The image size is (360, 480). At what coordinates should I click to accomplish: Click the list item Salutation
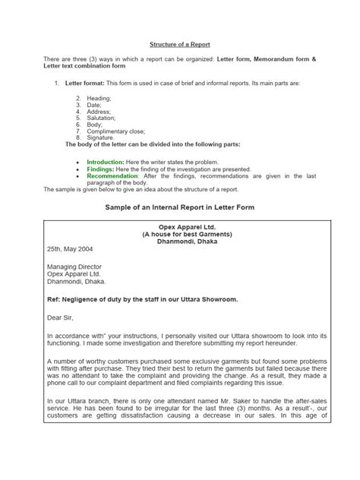[x=102, y=118]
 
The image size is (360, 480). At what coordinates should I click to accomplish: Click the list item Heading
[x=99, y=99]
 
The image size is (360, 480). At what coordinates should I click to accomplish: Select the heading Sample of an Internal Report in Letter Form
[x=180, y=207]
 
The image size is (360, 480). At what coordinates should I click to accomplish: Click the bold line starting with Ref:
[x=153, y=299]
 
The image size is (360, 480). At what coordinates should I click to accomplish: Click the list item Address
[x=99, y=112]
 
